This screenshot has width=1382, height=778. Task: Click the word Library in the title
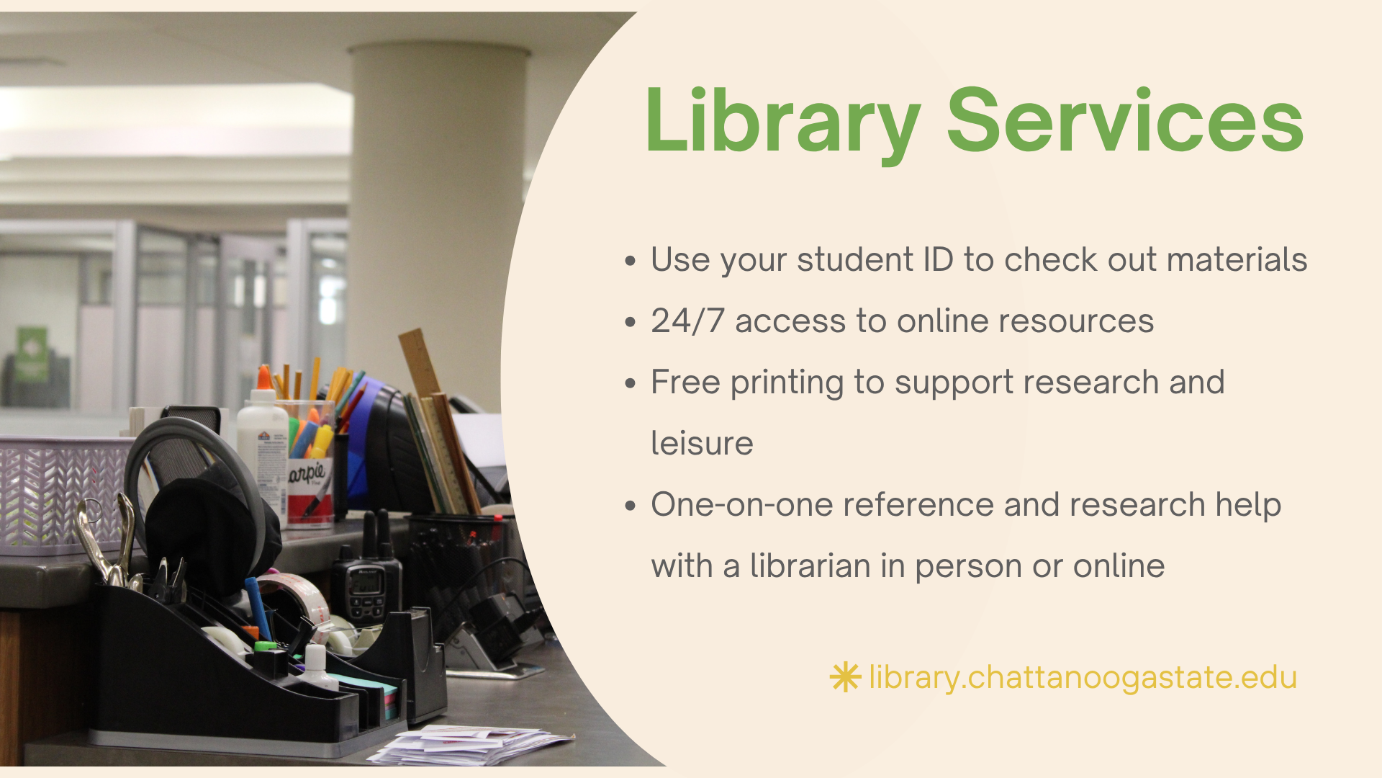[x=783, y=123]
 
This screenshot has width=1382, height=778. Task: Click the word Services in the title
[x=1125, y=120]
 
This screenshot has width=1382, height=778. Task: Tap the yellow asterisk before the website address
[x=845, y=677]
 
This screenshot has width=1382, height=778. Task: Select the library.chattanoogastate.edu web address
[x=1083, y=678]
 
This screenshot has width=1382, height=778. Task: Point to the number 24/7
[x=687, y=321]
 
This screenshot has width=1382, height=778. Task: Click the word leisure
[x=702, y=443]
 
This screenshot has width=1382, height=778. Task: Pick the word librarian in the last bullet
[x=810, y=565]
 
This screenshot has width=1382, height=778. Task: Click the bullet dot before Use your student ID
[x=631, y=260]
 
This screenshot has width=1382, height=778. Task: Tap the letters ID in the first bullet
[x=938, y=259]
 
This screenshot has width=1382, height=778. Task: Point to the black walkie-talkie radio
[x=367, y=573]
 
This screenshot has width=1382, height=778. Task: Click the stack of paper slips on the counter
[x=468, y=745]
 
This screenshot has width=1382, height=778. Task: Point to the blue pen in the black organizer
[x=258, y=609]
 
